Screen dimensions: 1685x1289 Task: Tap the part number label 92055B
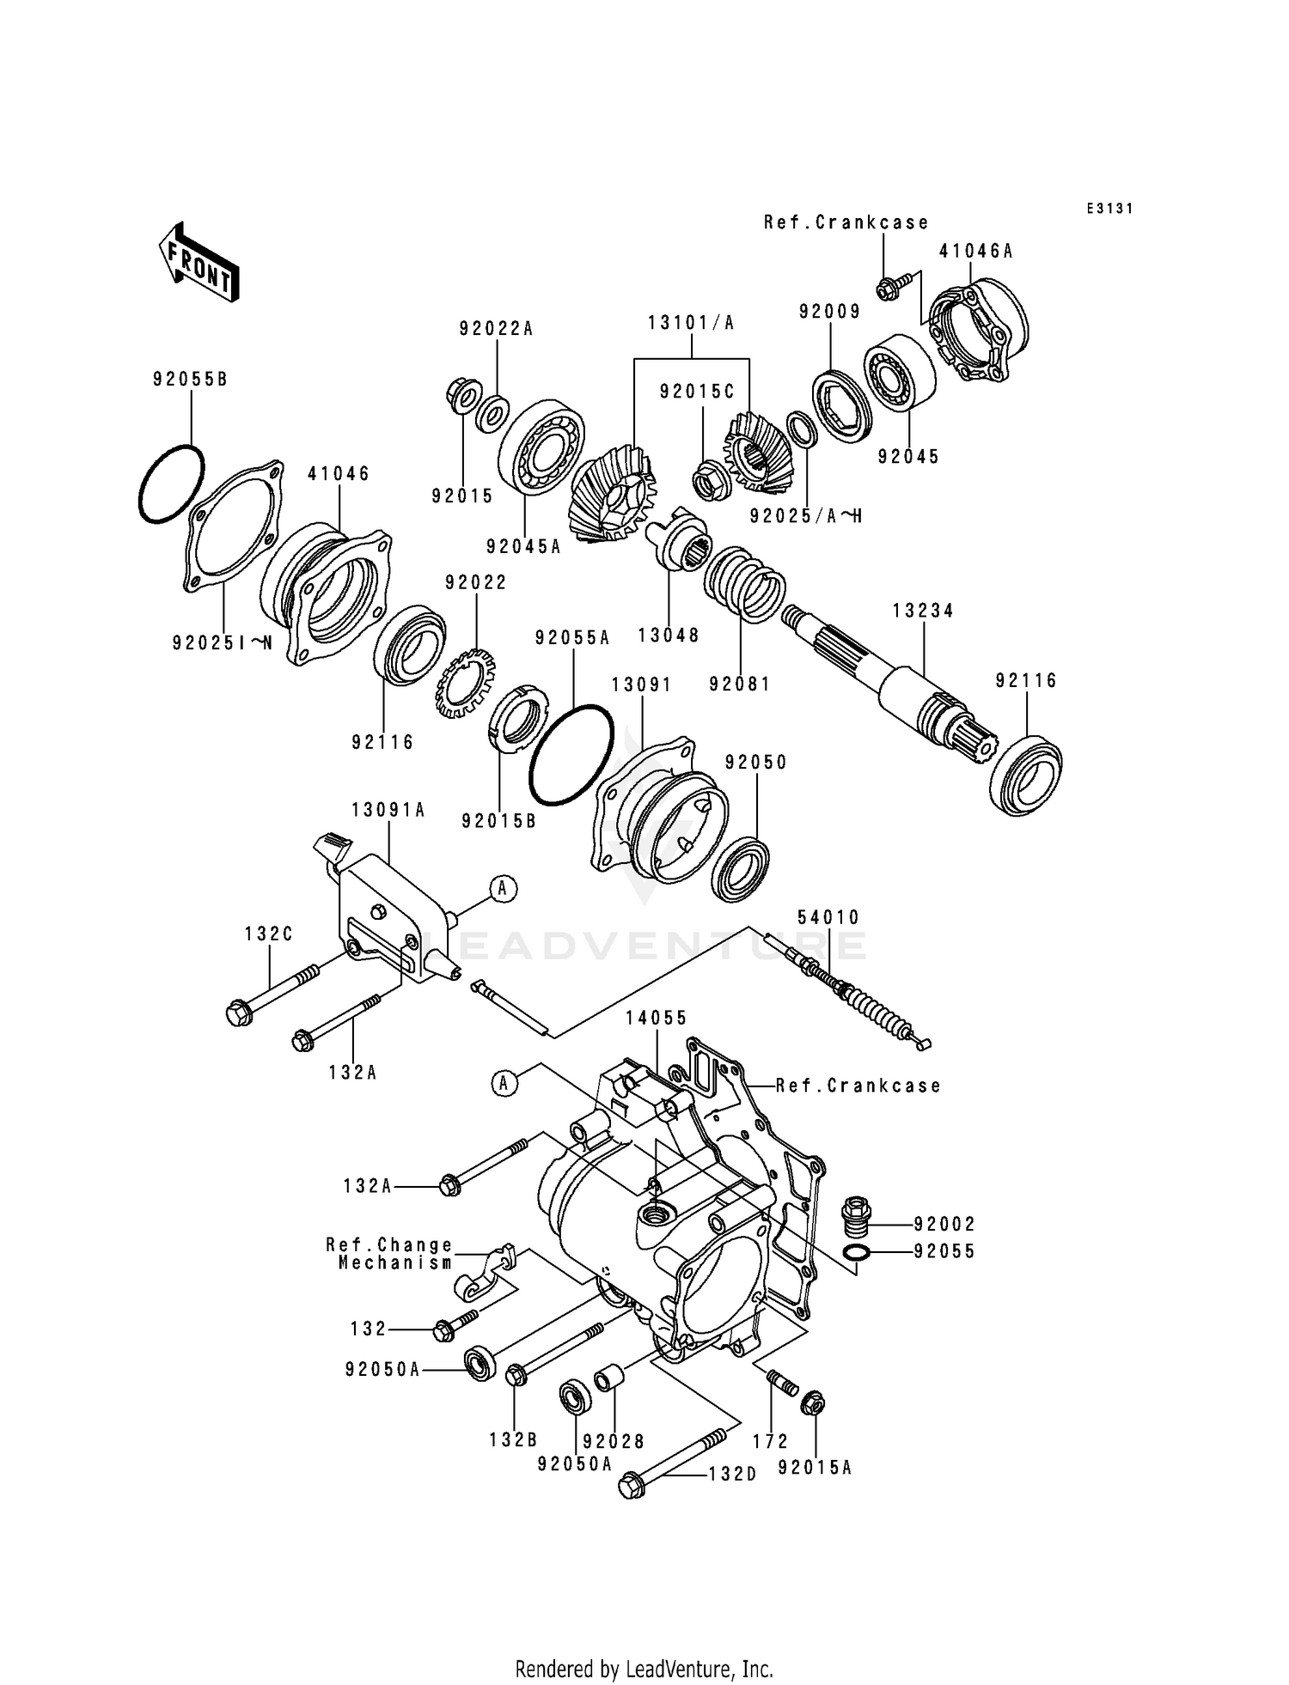191,380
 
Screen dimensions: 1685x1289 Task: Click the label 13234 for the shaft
923,611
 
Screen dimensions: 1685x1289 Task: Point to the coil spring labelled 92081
744,584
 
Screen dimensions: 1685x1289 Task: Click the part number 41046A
976,252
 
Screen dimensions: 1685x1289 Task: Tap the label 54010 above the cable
828,918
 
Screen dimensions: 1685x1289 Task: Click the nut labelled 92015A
812,1404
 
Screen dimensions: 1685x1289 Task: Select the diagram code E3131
1109,209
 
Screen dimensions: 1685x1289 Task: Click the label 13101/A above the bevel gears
692,323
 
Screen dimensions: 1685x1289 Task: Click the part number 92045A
522,546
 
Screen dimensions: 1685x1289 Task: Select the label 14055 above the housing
657,1018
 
